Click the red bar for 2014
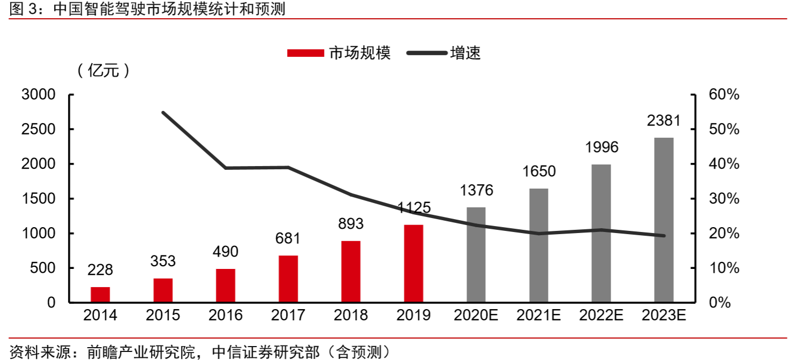coord(100,295)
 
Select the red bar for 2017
coord(288,279)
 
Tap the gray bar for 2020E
coord(476,255)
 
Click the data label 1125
coord(414,208)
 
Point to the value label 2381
coord(664,121)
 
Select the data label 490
coord(226,252)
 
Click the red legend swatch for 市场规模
coord(305,53)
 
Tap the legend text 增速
coord(465,53)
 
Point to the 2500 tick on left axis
coord(38,130)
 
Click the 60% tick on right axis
coord(724,95)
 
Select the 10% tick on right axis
coord(724,268)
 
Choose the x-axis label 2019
coord(414,316)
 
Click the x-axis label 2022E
coord(602,316)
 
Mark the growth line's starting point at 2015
coord(163,112)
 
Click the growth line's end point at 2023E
coord(664,236)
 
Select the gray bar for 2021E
coord(539,245)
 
